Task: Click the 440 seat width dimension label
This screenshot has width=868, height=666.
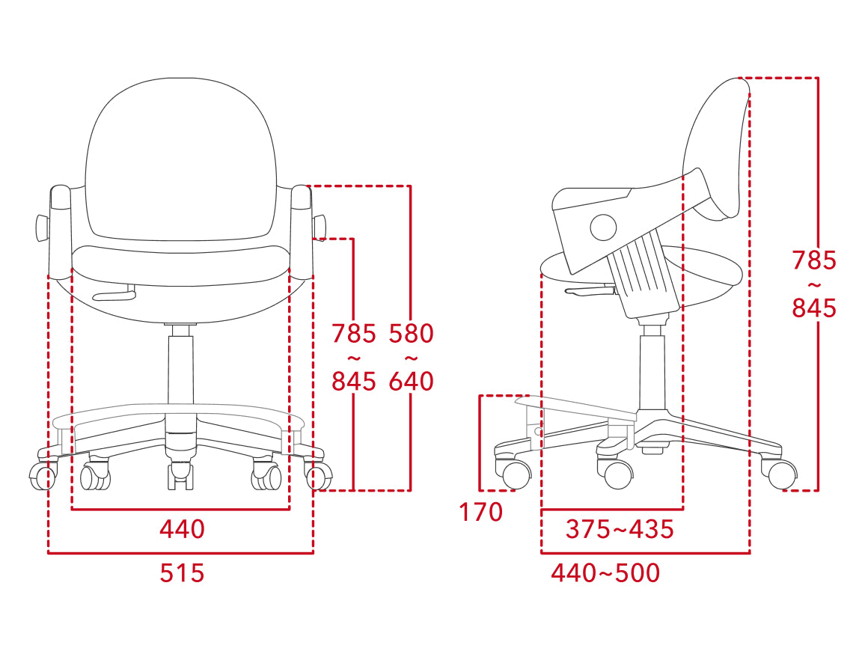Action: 182,529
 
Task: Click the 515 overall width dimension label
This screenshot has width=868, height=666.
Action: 182,573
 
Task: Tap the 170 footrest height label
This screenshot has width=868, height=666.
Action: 481,512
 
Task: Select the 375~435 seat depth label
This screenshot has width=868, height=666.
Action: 620,529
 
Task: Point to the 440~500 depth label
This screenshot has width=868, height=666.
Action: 605,573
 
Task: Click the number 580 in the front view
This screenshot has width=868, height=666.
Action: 411,333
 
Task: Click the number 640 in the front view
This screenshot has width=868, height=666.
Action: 411,381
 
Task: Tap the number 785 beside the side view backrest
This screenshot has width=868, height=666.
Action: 814,260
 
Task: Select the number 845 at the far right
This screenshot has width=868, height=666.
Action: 814,308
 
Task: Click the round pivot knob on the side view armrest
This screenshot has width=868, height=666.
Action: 603,227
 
